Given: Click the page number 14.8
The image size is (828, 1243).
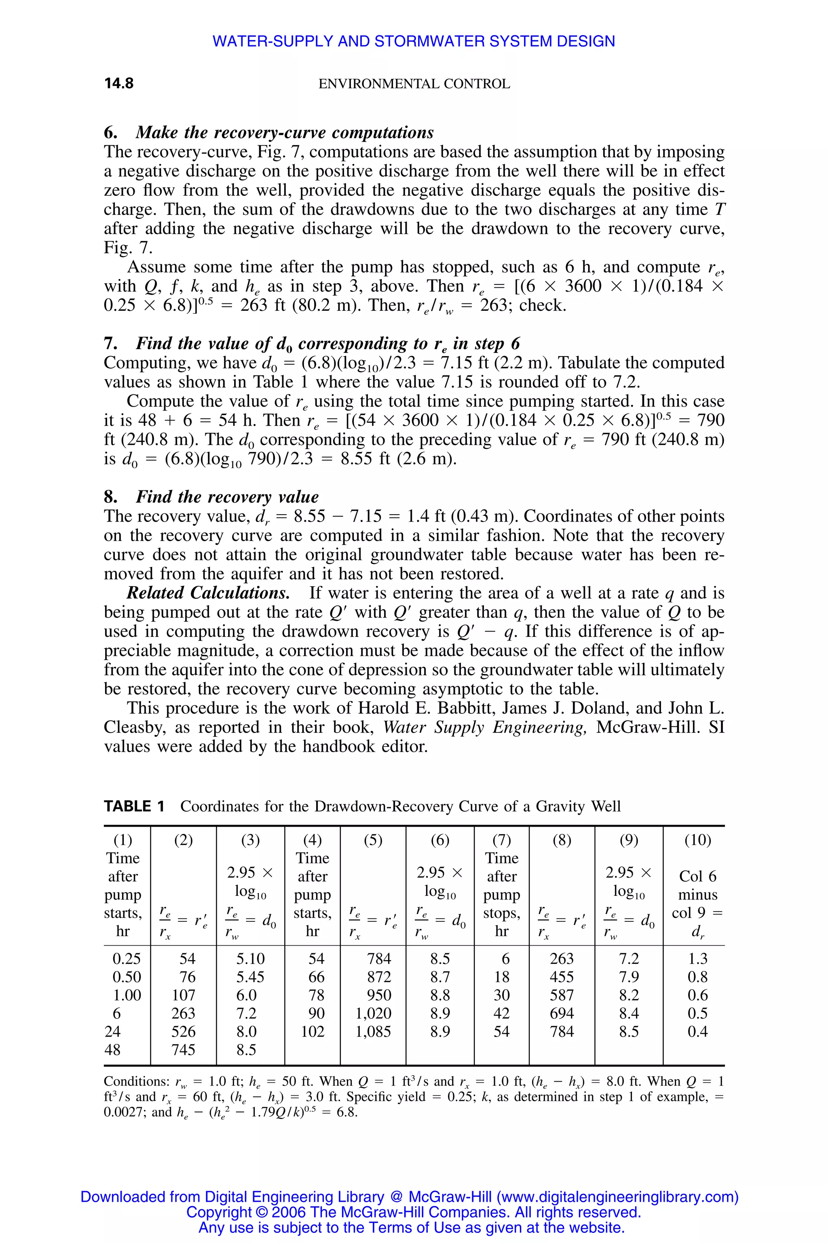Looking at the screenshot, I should tap(119, 83).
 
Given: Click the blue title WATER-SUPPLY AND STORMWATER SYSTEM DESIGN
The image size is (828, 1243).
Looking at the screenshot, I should tap(414, 41).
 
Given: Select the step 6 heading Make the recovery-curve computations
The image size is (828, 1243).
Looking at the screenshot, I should tap(285, 132).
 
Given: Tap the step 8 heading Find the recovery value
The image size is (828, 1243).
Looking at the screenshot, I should tap(227, 497).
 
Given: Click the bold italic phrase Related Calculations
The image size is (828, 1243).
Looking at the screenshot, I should tap(208, 593).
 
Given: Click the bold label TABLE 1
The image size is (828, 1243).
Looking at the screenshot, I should tap(134, 806).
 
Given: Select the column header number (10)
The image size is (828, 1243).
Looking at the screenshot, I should tap(697, 840).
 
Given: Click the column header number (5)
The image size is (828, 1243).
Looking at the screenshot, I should tap(373, 840).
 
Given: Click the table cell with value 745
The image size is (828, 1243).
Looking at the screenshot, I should tap(183, 1050).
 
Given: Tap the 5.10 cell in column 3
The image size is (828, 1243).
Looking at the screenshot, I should tap(250, 959).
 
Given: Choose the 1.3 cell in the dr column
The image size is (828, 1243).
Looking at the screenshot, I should tap(697, 959).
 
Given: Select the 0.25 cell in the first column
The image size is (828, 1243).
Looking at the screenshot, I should tap(127, 959).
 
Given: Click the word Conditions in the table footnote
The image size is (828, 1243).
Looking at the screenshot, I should tap(136, 1081).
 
